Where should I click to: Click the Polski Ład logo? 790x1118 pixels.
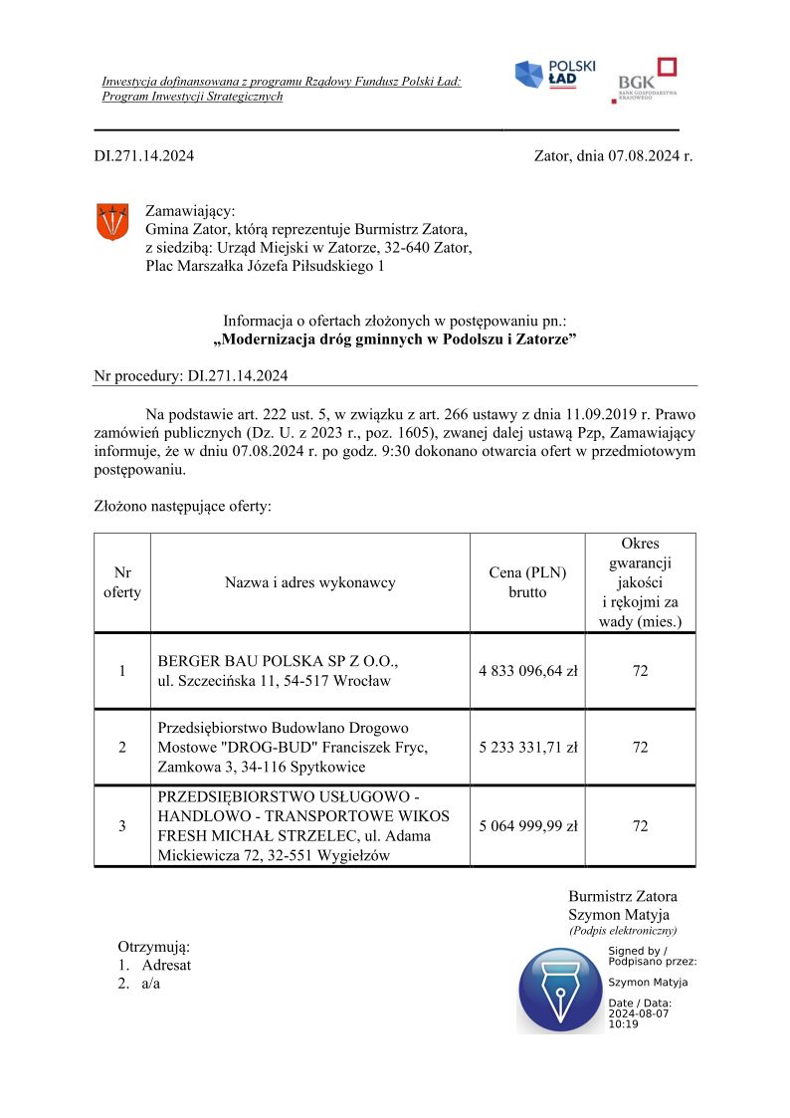(554, 75)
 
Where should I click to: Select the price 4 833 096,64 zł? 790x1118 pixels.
(527, 671)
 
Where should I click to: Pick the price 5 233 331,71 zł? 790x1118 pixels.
(527, 748)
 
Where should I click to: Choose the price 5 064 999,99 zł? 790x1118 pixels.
(527, 826)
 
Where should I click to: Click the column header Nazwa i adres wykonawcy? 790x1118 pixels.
(309, 582)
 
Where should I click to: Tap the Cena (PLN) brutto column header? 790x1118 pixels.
(527, 582)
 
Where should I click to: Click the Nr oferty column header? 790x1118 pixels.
(122, 582)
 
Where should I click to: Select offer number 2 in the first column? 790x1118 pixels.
(122, 748)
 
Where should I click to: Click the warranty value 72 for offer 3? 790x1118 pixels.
(640, 826)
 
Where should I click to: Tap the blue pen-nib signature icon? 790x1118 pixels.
(560, 990)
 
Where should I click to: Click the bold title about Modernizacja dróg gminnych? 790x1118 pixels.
(395, 339)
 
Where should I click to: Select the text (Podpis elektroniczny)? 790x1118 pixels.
(623, 931)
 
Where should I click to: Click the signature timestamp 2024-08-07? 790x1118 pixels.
(638, 1013)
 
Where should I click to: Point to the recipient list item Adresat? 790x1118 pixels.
(165, 965)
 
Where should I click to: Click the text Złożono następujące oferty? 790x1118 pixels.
(182, 506)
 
